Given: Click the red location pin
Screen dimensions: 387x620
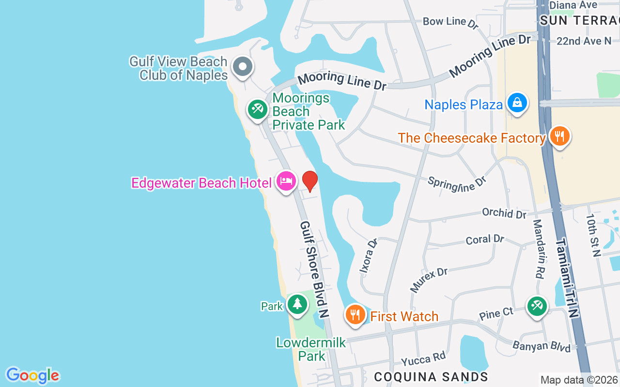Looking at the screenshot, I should [310, 180].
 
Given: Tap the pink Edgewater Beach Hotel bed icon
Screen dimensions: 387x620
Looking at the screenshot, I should [286, 181].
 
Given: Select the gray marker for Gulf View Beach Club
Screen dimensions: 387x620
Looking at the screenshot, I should [242, 67].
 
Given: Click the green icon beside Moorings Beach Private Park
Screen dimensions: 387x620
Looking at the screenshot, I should [257, 109].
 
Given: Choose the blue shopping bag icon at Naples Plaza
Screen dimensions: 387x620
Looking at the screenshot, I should [517, 103].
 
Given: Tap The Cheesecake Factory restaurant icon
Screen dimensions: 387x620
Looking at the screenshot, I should [559, 136].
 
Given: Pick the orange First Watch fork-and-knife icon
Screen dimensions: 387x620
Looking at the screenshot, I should [356, 315].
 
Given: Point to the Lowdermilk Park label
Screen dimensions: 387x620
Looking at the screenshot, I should [311, 349].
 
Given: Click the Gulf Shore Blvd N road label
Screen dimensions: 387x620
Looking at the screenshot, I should [314, 269].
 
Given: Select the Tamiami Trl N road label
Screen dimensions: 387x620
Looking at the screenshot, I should [567, 278].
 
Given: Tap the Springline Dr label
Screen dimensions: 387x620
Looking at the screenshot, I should [456, 183].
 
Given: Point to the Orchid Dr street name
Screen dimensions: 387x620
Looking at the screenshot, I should [504, 213].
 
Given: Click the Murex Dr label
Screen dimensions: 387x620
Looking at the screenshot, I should [429, 280].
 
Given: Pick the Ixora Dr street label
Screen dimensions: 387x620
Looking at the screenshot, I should [369, 256].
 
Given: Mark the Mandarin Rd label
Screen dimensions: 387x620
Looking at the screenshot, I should [539, 249].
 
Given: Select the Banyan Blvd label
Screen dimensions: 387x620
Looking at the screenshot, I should [542, 346].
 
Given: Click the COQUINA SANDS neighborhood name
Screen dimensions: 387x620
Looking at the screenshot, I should [431, 376].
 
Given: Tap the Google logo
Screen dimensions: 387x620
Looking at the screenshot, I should [32, 375].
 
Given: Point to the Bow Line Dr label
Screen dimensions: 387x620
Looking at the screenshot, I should [450, 22].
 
